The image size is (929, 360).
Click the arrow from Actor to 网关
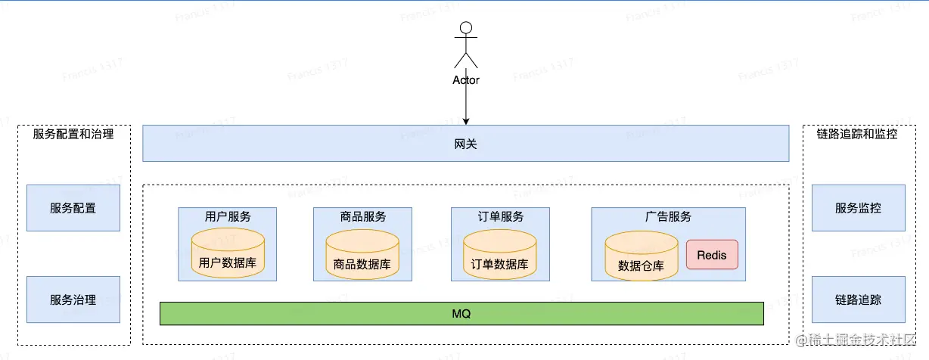pos(466,105)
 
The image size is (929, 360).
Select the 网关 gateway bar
pos(465,144)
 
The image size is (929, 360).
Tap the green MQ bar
pos(461,313)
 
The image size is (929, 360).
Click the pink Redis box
pos(711,255)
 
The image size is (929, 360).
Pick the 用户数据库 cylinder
pos(228,256)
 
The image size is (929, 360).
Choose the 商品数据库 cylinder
pos(362,256)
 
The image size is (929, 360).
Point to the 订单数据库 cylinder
pos(499,256)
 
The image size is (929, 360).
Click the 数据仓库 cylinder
pos(641,256)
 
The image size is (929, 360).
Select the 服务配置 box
pos(73,208)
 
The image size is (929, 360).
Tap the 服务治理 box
pos(73,299)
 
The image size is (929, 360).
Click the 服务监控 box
pos(858,208)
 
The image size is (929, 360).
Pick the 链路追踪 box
pos(858,299)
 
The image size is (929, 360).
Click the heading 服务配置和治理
pos(73,135)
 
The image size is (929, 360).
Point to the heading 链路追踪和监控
pos(857,135)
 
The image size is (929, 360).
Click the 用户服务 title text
pos(228,216)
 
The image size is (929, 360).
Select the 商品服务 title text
pos(363,216)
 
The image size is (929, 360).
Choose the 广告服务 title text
pos(668,216)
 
